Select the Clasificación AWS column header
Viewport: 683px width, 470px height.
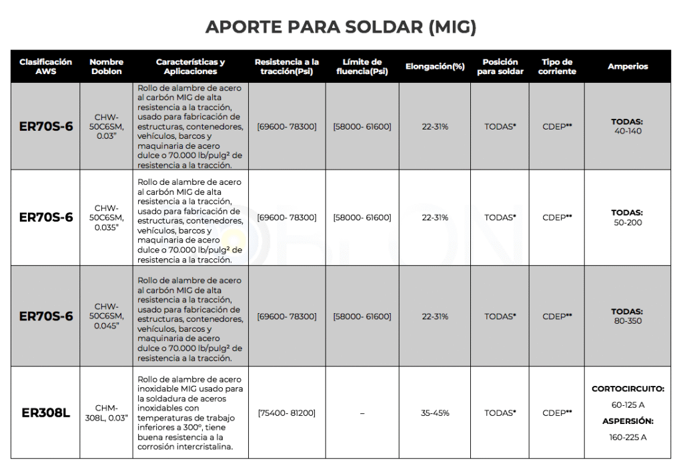click(46, 66)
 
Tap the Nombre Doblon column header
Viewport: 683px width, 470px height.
click(107, 66)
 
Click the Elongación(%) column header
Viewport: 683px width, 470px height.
click(435, 67)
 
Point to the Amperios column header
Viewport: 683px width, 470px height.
click(627, 66)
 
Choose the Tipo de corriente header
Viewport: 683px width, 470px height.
click(557, 66)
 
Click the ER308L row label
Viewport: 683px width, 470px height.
click(46, 413)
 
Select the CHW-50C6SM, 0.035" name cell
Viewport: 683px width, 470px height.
click(107, 218)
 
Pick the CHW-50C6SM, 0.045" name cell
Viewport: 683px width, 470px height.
click(107, 316)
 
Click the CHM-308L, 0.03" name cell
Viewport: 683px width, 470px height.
click(107, 413)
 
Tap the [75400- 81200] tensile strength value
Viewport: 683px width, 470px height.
click(287, 413)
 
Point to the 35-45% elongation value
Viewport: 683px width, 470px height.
click(435, 413)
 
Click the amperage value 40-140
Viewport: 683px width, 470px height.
click(627, 132)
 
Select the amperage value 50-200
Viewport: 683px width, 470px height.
click(627, 222)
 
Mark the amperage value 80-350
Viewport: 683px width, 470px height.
click(627, 320)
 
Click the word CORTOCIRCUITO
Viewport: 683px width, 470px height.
click(627, 388)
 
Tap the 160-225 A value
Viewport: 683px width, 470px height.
click(627, 437)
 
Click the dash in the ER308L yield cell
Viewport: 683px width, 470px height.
click(362, 413)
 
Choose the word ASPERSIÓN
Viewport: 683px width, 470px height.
click(627, 421)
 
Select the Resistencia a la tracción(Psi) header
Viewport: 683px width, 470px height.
click(287, 66)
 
